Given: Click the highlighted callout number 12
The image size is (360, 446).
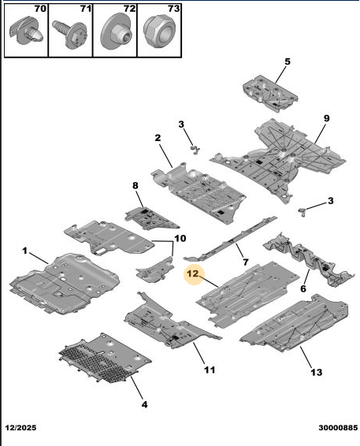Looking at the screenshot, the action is pyautogui.click(x=192, y=273).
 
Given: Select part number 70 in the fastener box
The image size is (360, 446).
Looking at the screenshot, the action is pyautogui.click(x=40, y=9).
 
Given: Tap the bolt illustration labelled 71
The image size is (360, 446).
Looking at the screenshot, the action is pyautogui.click(x=70, y=34).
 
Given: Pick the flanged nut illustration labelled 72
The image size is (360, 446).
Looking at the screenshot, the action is pyautogui.click(x=115, y=32).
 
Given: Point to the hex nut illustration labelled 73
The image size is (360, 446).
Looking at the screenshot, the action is pyautogui.click(x=159, y=32).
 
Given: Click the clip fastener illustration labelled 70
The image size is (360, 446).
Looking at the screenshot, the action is pyautogui.click(x=27, y=32).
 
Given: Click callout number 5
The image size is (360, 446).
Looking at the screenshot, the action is pyautogui.click(x=288, y=61).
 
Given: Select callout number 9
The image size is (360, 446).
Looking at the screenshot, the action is pyautogui.click(x=326, y=118).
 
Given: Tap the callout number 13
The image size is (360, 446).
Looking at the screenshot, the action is pyautogui.click(x=316, y=372).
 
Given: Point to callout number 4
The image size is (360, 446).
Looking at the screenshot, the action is pyautogui.click(x=144, y=404).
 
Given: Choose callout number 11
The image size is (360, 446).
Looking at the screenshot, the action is pyautogui.click(x=210, y=370).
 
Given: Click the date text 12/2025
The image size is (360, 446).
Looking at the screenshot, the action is pyautogui.click(x=21, y=428).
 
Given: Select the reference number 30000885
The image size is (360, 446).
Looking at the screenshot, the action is pyautogui.click(x=338, y=428).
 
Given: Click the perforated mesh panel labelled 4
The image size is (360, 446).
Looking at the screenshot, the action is pyautogui.click(x=106, y=358).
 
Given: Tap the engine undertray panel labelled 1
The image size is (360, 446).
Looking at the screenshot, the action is pyautogui.click(x=65, y=284).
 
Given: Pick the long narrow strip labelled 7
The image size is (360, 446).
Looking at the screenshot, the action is pyautogui.click(x=230, y=239).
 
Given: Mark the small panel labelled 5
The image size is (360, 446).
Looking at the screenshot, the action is pyautogui.click(x=270, y=93).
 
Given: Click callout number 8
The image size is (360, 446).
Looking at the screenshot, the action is pyautogui.click(x=135, y=185).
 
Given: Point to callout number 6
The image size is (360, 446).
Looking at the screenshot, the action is pyautogui.click(x=303, y=288).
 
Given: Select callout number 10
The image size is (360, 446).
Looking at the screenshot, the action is pyautogui.click(x=180, y=238).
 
